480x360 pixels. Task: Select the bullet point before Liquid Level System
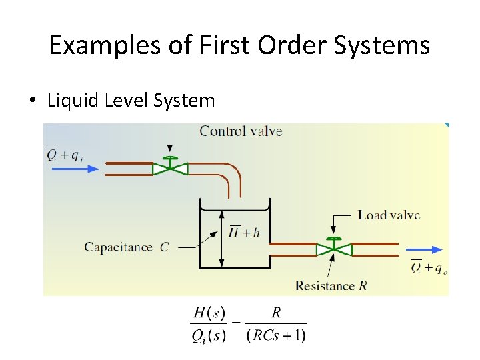(x=32, y=101)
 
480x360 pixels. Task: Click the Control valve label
(x=241, y=131)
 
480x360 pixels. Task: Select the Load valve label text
(x=389, y=215)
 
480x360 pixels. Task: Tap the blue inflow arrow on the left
(x=73, y=169)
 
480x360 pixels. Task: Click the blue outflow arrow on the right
(x=427, y=249)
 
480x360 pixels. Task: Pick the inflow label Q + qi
(x=65, y=155)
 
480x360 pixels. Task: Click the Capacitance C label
(x=127, y=247)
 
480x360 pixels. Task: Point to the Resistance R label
(x=331, y=286)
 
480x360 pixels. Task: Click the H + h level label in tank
(x=244, y=232)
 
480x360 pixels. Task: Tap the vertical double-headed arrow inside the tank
(x=221, y=236)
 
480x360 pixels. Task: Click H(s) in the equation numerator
(x=209, y=313)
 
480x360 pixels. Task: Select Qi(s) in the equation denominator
(x=209, y=335)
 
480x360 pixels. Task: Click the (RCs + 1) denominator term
(x=276, y=335)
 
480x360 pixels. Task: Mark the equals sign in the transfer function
(x=235, y=324)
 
